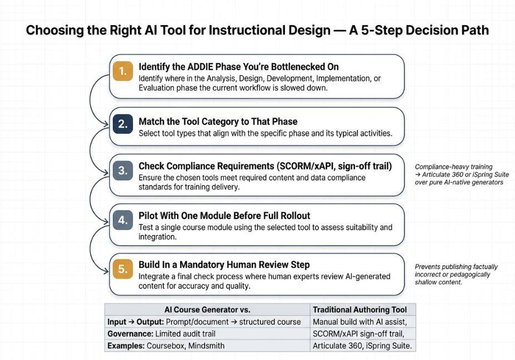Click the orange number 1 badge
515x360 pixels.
click(123, 71)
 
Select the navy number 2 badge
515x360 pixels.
click(123, 124)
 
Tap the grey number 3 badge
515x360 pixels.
click(123, 171)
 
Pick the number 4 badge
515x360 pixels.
click(123, 220)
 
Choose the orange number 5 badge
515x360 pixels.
click(123, 269)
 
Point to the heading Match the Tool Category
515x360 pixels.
click(194, 122)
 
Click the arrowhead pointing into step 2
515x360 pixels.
click(106, 124)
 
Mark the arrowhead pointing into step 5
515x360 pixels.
click(106, 271)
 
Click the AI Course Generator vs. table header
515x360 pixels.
click(207, 310)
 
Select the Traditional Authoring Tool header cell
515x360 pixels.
click(363, 310)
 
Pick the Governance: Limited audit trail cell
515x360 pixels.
click(207, 334)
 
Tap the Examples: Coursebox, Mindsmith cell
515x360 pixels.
click(207, 346)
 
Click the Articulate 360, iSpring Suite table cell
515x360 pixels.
click(363, 346)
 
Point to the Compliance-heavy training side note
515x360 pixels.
click(462, 174)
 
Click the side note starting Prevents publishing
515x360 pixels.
click(456, 274)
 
